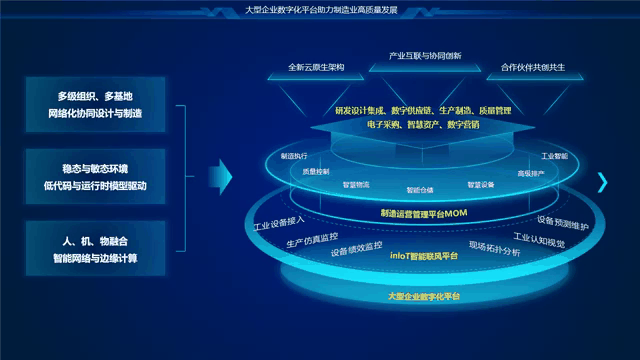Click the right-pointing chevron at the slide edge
point(603,180)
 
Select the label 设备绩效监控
point(357,246)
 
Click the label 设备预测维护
point(563,223)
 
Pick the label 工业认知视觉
point(539,241)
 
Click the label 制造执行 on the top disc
point(295,157)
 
